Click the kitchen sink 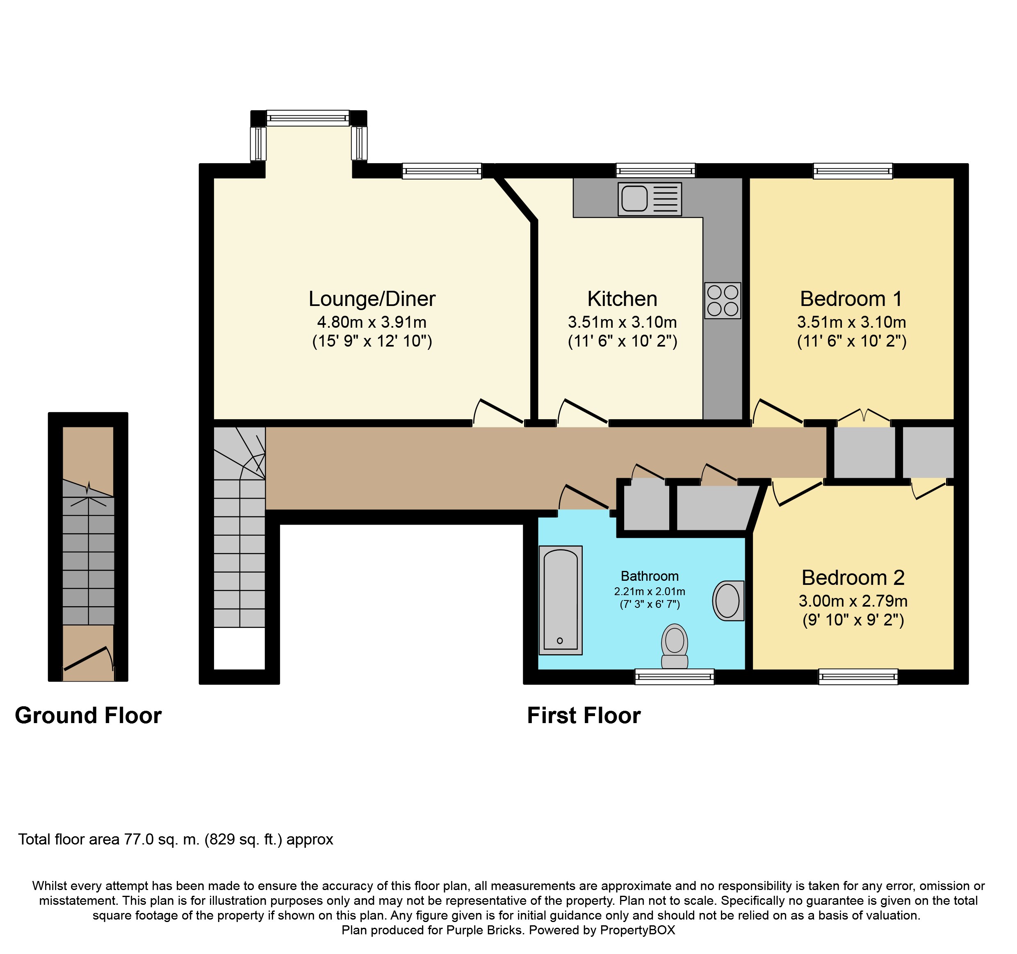(650, 199)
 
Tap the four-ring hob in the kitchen (722, 300)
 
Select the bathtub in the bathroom (561, 600)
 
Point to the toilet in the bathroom (674, 646)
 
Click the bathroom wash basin (728, 600)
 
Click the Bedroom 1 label (851, 299)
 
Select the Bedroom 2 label (853, 577)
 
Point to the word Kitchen (622, 299)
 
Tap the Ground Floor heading (89, 715)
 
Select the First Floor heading (584, 715)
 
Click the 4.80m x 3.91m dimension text (372, 322)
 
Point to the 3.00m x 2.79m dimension (853, 601)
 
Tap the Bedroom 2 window (858, 677)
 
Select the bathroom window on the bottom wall (674, 677)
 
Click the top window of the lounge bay (308, 118)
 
